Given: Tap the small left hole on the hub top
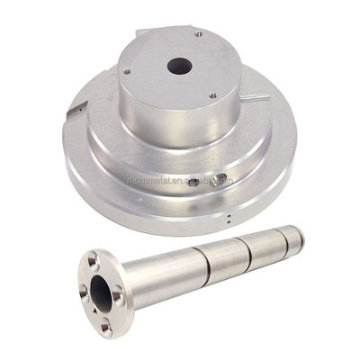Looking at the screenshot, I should (x=127, y=71).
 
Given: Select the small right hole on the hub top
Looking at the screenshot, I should (x=212, y=94).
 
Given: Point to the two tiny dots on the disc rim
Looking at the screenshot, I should (x=231, y=217).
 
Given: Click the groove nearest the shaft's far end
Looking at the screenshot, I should (x=280, y=237).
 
